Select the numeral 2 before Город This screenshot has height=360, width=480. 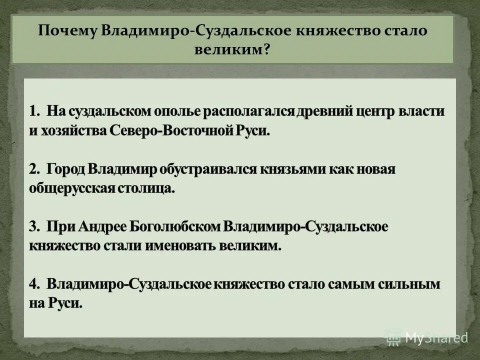[33, 169]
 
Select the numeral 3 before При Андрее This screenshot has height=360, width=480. [33, 226]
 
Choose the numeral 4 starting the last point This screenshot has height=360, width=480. [33, 284]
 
